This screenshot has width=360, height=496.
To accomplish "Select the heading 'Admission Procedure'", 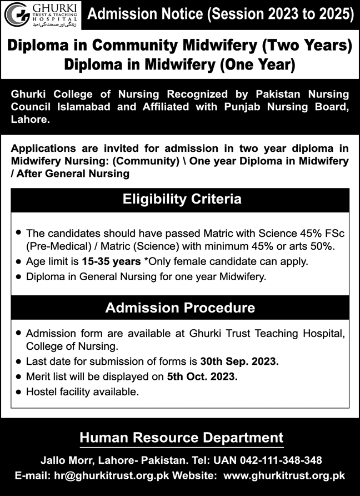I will pyautogui.click(x=181, y=307).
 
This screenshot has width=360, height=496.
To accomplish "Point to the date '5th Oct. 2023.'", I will pyautogui.click(x=202, y=376).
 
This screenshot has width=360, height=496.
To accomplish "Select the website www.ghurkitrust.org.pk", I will pyautogui.click(x=287, y=476).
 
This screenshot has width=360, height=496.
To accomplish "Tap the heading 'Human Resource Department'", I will pyautogui.click(x=181, y=438).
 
